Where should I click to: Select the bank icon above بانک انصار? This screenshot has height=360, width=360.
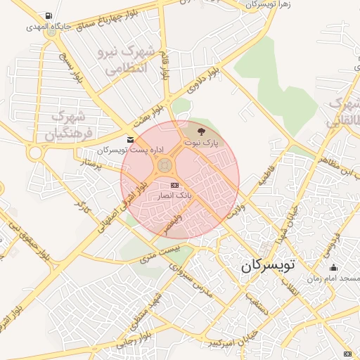[174, 185]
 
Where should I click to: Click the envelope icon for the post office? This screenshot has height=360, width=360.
[129, 140]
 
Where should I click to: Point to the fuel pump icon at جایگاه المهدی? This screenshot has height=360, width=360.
[47, 15]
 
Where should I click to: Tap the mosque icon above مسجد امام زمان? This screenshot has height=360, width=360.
[334, 267]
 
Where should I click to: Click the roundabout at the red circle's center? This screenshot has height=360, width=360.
[165, 166]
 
